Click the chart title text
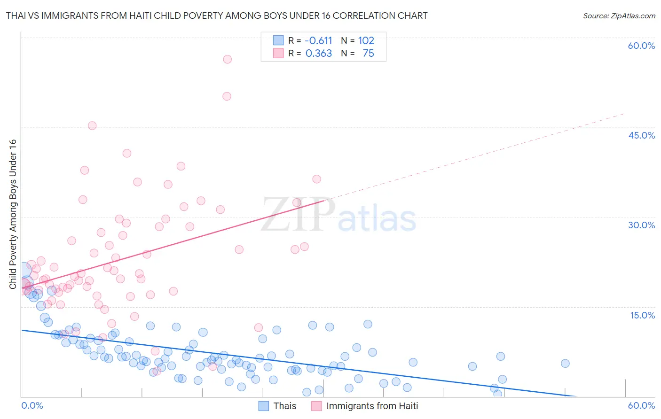click(x=217, y=16)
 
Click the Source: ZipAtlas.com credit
click(x=619, y=16)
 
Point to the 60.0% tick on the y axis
click(x=641, y=46)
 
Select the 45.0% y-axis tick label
click(x=641, y=135)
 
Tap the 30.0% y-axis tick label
click(x=641, y=225)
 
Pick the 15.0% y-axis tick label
click(x=642, y=315)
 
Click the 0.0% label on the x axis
click(x=32, y=405)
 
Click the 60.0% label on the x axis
click(x=641, y=405)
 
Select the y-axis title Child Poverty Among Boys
click(x=13, y=214)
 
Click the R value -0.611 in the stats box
click(x=318, y=41)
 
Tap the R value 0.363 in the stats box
click(x=319, y=54)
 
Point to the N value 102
click(x=366, y=41)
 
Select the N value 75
click(x=368, y=54)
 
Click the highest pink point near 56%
click(x=228, y=59)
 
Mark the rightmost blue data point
click(x=565, y=363)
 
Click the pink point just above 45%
click(x=92, y=125)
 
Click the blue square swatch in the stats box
click(x=278, y=40)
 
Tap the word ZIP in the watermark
click(x=298, y=215)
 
